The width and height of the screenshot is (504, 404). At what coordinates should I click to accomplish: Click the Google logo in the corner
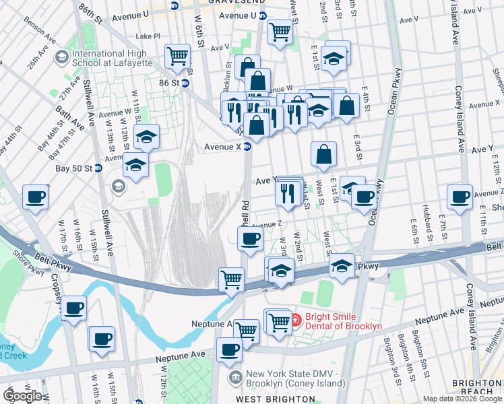pyautogui.click(x=22, y=396)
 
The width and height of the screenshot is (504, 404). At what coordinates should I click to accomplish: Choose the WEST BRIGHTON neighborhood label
pyautogui.click(x=268, y=399)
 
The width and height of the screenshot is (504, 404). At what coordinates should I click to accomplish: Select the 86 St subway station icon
pyautogui.click(x=185, y=83)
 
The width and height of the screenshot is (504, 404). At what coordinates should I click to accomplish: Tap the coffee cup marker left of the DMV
pyautogui.click(x=229, y=349)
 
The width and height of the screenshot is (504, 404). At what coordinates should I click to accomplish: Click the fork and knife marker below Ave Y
pyautogui.click(x=288, y=193)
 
